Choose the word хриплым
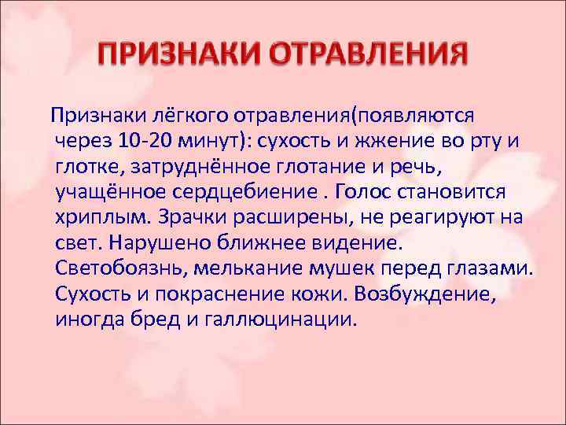(101, 218)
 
